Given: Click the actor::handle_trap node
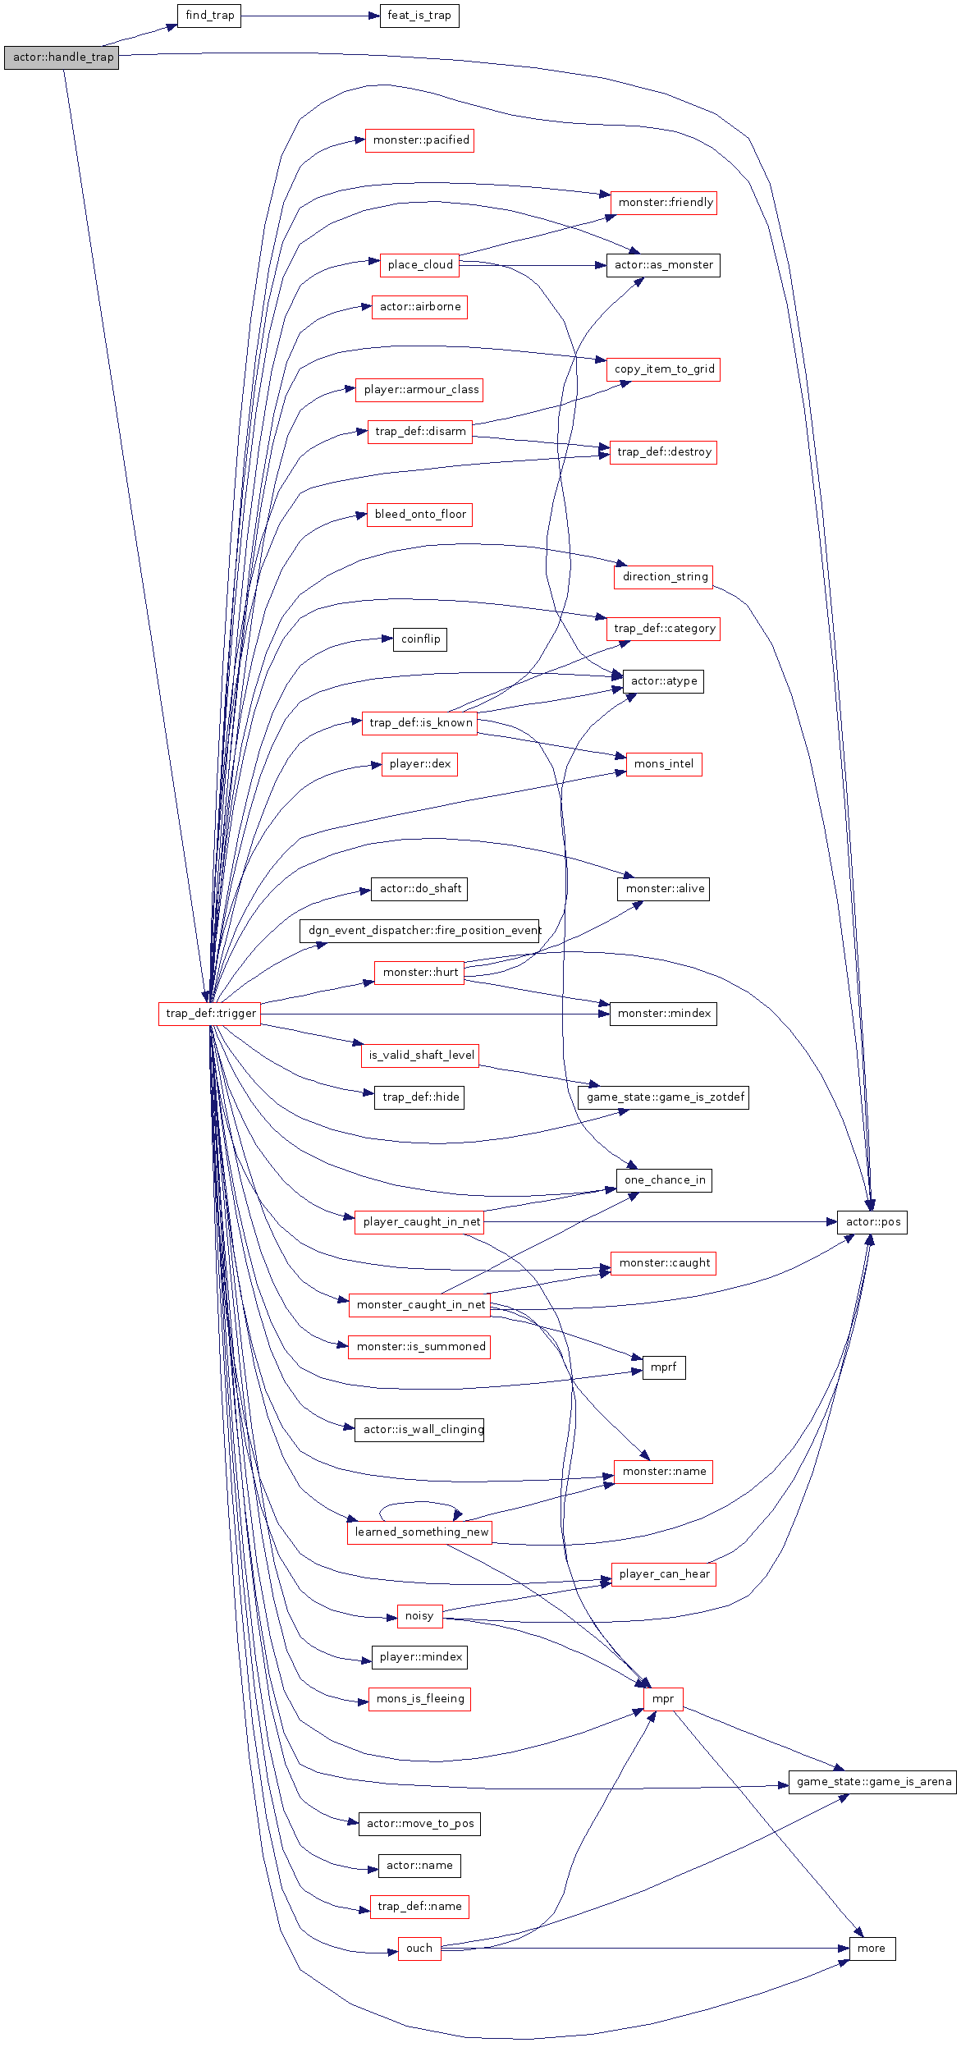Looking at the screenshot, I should point(62,57).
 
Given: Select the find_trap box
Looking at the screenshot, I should point(209,16).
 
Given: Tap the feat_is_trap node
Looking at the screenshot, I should point(419,16).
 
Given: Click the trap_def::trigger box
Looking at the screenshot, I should point(210,1014).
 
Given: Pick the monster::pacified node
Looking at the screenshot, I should point(419,140).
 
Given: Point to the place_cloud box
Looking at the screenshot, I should point(419,265).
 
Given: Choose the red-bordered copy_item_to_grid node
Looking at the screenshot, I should point(663,369).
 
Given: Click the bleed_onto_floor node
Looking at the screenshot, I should point(419,515).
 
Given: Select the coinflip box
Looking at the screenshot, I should point(419,639).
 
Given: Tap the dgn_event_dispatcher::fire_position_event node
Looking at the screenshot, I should point(419,931).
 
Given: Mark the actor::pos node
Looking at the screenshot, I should point(872,1222).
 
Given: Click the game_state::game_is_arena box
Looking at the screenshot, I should point(872,1782).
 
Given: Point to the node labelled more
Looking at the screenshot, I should point(872,1949).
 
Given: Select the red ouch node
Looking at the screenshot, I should point(419,1949).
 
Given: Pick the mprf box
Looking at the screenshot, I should point(663,1367).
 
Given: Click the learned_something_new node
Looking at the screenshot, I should point(419,1532).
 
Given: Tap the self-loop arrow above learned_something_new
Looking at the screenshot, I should point(419,1503).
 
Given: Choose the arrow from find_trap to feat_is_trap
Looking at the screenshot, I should point(310,16).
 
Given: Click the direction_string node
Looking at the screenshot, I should point(663,577).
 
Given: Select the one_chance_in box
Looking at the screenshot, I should point(664,1180).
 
